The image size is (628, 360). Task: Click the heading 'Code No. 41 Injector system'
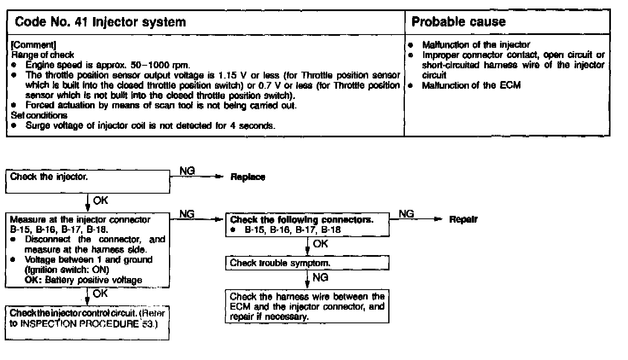tap(100, 22)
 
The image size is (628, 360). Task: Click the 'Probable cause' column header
tap(458, 22)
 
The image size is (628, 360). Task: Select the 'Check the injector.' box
tap(87, 181)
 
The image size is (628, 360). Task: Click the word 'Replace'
tap(247, 177)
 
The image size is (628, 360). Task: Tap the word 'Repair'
tap(463, 220)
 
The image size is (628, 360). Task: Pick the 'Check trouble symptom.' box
tap(307, 263)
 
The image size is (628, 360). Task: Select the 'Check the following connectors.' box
tap(307, 225)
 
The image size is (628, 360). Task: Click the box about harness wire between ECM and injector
tap(307, 307)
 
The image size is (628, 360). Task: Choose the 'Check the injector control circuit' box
tap(87, 323)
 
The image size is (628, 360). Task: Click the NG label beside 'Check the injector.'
tap(187, 171)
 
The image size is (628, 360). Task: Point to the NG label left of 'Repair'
tap(406, 214)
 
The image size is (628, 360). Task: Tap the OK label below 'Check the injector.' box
tap(101, 200)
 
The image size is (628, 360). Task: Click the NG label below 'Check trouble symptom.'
tap(320, 278)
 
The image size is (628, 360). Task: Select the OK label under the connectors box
tap(320, 244)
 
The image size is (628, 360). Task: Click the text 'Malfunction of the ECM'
tap(471, 85)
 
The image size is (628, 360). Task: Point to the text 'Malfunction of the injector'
tap(476, 45)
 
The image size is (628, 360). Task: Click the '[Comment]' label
tap(33, 45)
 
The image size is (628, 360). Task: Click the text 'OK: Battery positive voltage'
tap(83, 280)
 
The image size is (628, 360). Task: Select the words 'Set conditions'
tap(39, 115)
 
